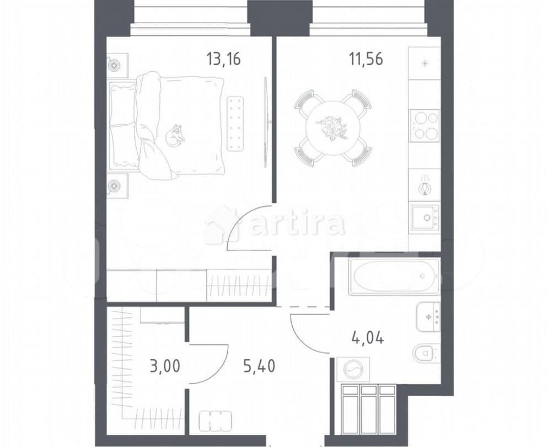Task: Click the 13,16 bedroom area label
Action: tap(223, 58)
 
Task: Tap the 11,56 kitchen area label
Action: tap(366, 58)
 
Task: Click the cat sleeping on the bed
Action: tap(175, 136)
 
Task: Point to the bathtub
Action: tap(395, 275)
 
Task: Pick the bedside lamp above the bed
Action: tap(115, 64)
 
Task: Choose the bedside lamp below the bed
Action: tap(115, 185)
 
